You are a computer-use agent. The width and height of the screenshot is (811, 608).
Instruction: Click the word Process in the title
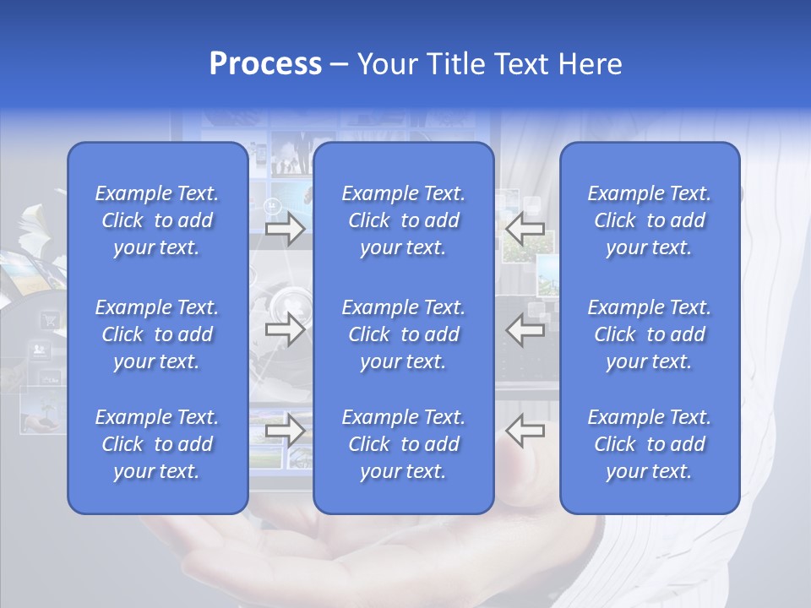265,64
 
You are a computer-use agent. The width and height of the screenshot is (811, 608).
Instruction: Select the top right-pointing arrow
286,229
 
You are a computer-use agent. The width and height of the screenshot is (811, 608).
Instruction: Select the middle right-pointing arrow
286,329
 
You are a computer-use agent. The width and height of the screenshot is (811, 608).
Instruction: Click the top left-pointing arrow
525,229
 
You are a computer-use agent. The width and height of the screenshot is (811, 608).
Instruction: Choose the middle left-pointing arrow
525,329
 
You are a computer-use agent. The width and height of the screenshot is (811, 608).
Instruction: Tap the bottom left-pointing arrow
525,430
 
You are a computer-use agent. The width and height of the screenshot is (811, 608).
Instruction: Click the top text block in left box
157,220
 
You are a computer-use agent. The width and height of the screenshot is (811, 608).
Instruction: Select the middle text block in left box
157,334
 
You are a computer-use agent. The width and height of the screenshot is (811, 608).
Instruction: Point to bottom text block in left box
157,444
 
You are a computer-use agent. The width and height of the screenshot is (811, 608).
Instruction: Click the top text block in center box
403,220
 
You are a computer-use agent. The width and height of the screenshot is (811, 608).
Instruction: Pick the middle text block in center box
403,334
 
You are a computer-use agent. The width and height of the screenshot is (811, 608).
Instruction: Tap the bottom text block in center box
403,444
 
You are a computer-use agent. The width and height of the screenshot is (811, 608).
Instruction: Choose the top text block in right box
650,220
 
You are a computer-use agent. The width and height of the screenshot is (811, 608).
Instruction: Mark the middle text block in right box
650,334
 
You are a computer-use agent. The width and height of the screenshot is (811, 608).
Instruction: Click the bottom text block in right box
650,444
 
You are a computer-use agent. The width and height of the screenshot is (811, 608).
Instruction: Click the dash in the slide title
340,65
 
